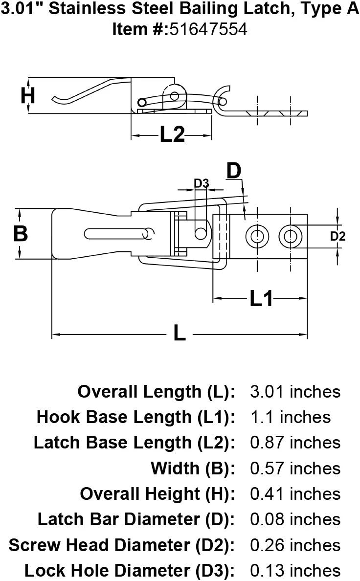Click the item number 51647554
[208, 30]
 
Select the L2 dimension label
[172, 134]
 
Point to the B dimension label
[20, 234]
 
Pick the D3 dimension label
[202, 183]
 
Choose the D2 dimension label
[337, 237]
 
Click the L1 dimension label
[261, 298]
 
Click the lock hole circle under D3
[201, 234]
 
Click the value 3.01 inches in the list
[295, 392]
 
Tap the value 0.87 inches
[295, 443]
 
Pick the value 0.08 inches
[295, 519]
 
